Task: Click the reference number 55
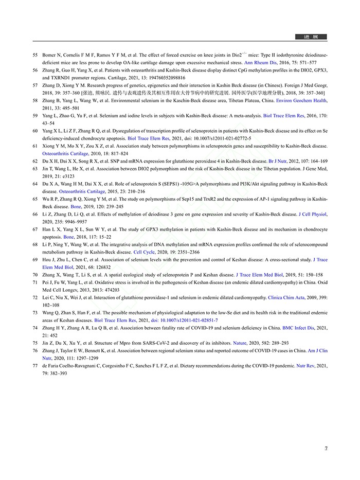click(x=35, y=54)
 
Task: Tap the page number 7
click(x=326, y=448)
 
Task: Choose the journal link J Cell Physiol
click(x=313, y=214)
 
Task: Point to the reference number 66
click(x=35, y=214)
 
